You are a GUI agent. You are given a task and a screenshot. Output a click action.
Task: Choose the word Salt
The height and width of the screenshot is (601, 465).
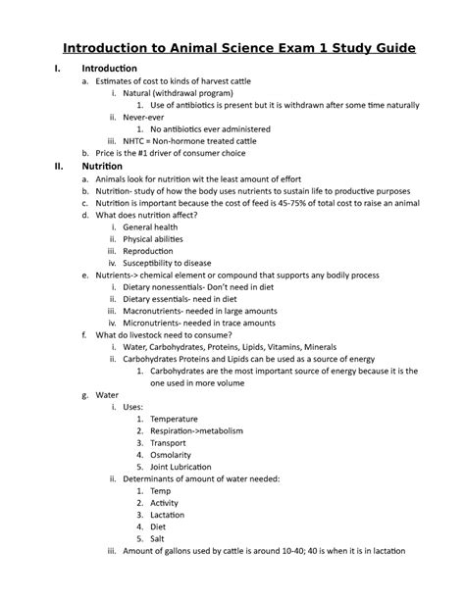pos(159,539)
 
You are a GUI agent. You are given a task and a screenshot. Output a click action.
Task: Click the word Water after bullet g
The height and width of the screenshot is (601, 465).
pos(107,395)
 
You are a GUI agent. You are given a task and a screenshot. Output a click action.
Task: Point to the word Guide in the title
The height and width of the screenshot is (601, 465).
pos(387,48)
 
